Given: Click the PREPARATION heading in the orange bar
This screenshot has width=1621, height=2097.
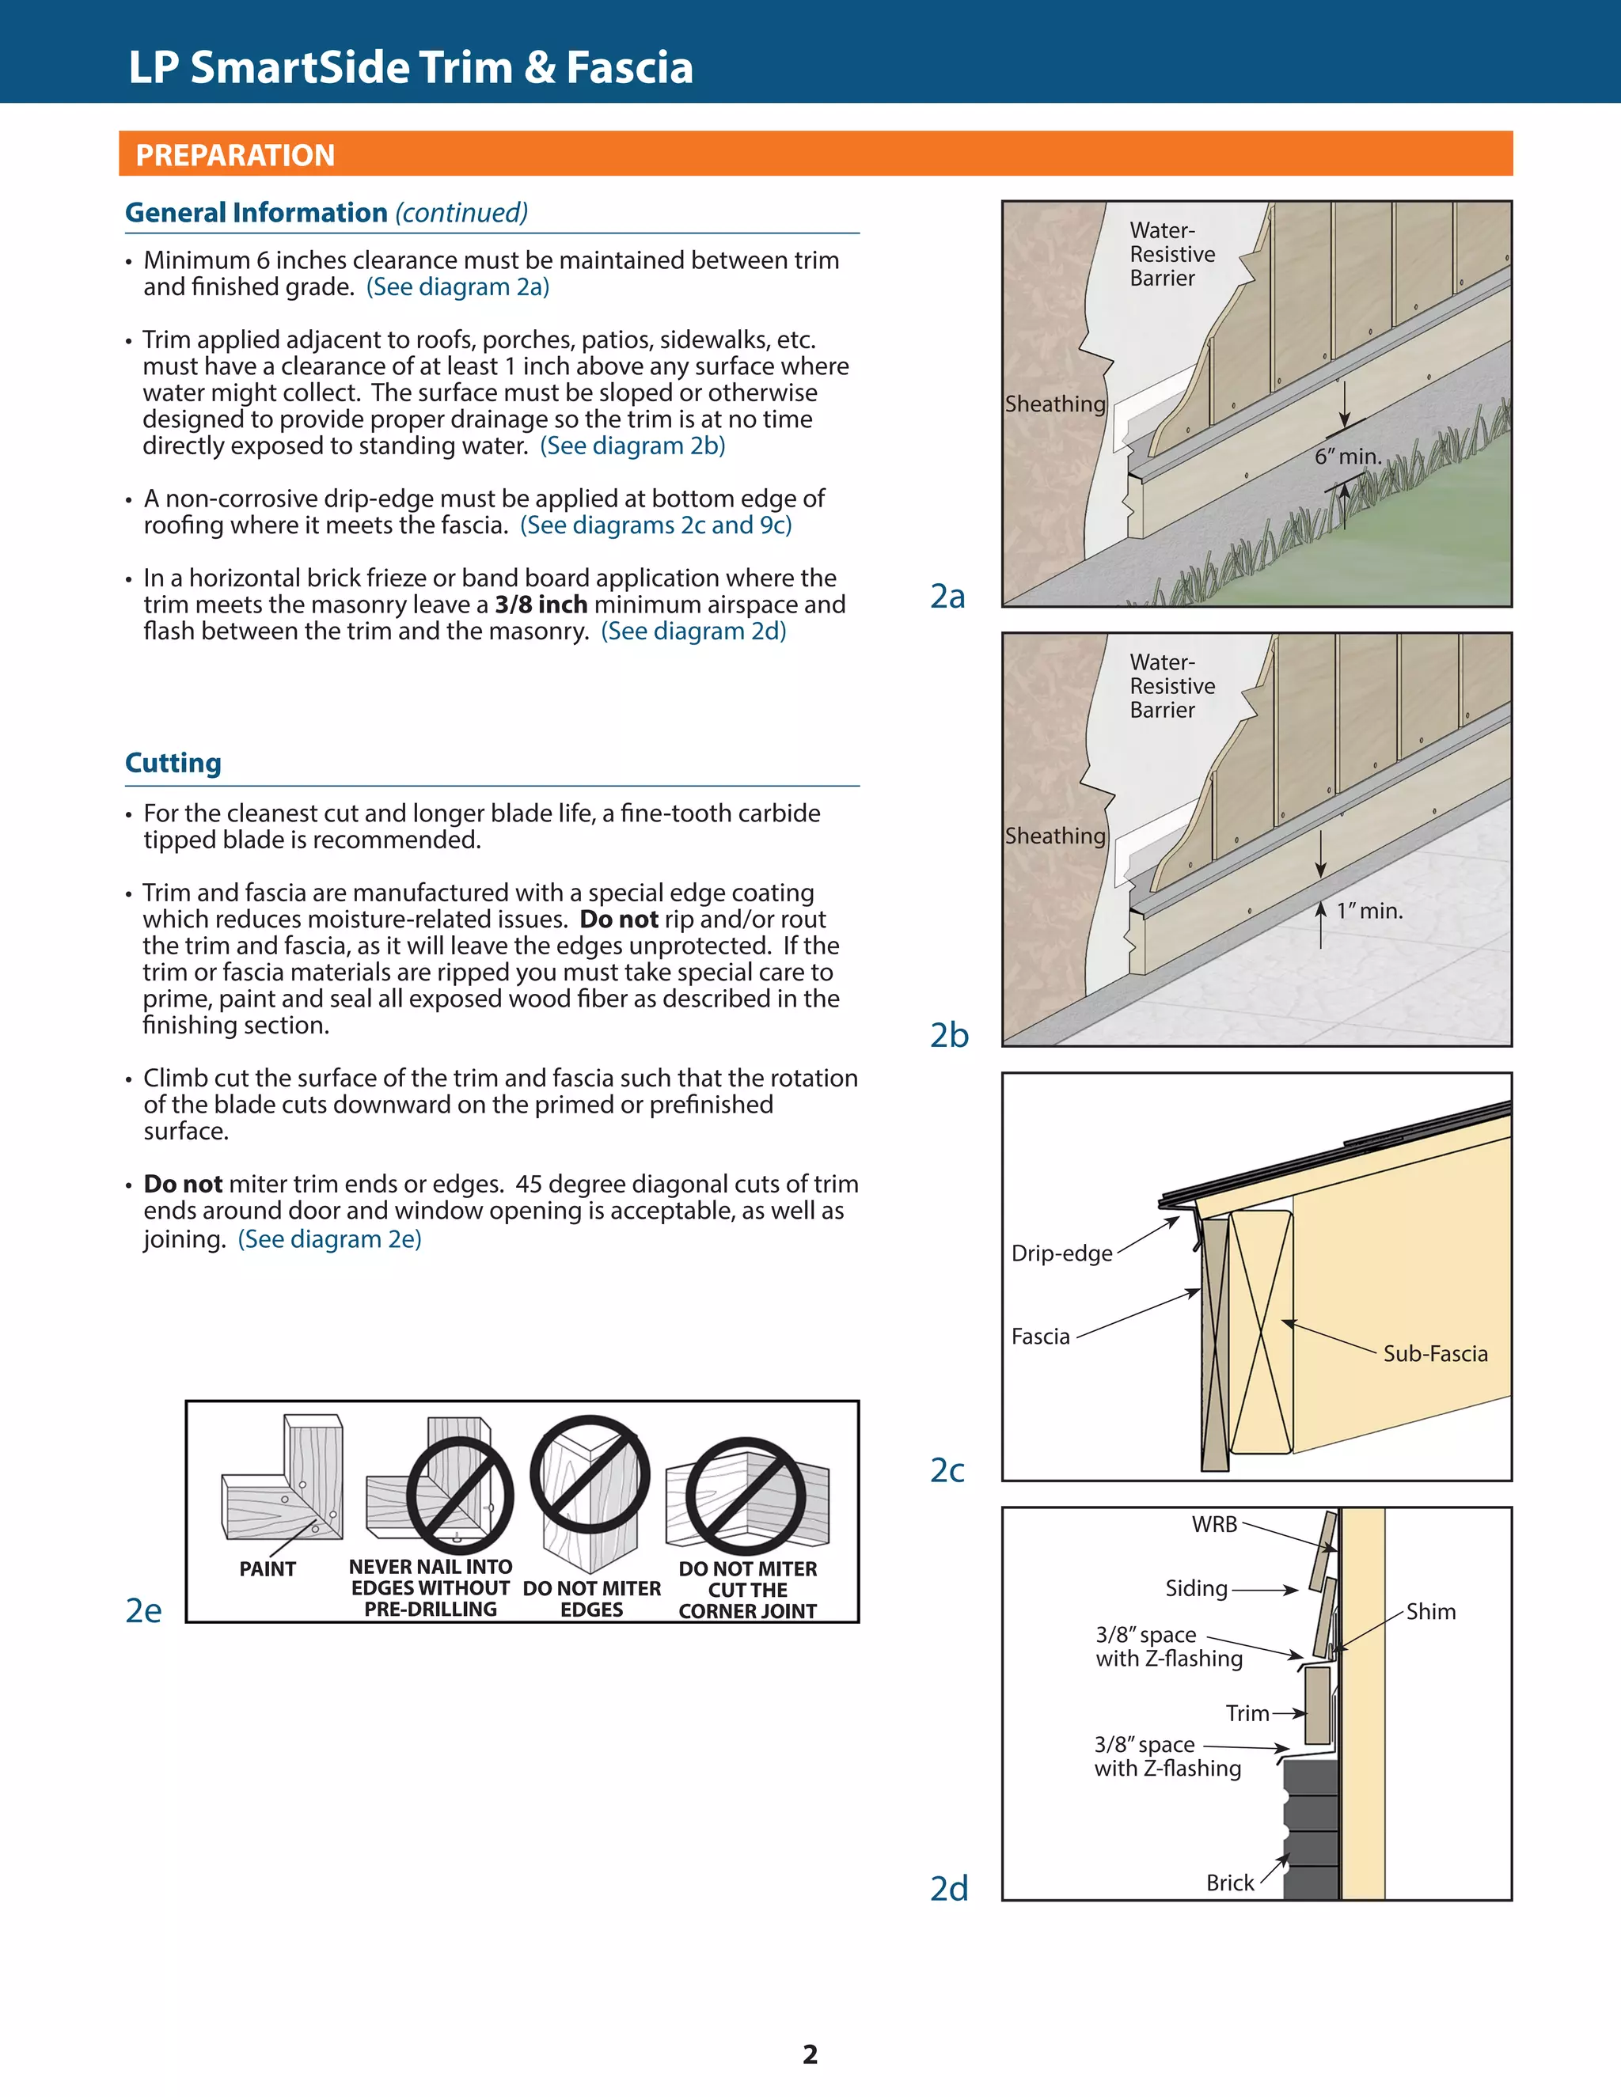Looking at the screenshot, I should (x=235, y=154).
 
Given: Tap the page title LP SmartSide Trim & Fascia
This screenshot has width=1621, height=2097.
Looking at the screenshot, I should (x=410, y=67).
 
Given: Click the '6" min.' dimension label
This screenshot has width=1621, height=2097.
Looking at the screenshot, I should (x=1348, y=457).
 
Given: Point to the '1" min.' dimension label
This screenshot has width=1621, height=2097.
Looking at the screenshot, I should (x=1370, y=910).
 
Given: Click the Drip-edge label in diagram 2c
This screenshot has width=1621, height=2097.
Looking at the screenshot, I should (x=1061, y=1253).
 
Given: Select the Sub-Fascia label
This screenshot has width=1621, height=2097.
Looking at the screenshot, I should (x=1435, y=1354).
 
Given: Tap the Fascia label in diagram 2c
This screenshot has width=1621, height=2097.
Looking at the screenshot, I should (x=1040, y=1337).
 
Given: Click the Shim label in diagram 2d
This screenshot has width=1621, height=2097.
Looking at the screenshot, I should (x=1431, y=1612).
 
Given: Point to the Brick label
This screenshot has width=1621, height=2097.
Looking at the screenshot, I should (x=1230, y=1883).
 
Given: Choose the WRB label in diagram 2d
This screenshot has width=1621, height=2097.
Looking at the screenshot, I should (x=1215, y=1525).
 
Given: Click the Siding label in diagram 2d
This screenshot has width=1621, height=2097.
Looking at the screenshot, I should (x=1197, y=1589).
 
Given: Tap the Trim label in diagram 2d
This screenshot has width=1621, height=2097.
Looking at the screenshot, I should (x=1247, y=1714).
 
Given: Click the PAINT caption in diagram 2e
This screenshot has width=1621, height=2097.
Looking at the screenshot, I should (x=268, y=1569).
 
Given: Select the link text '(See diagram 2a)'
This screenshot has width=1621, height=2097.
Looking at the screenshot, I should (x=458, y=287).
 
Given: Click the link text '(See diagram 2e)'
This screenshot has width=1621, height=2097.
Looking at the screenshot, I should (x=329, y=1239).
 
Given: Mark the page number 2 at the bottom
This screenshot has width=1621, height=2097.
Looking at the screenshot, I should (x=810, y=2055).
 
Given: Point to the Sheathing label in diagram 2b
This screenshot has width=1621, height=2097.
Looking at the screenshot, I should (x=1055, y=836).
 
